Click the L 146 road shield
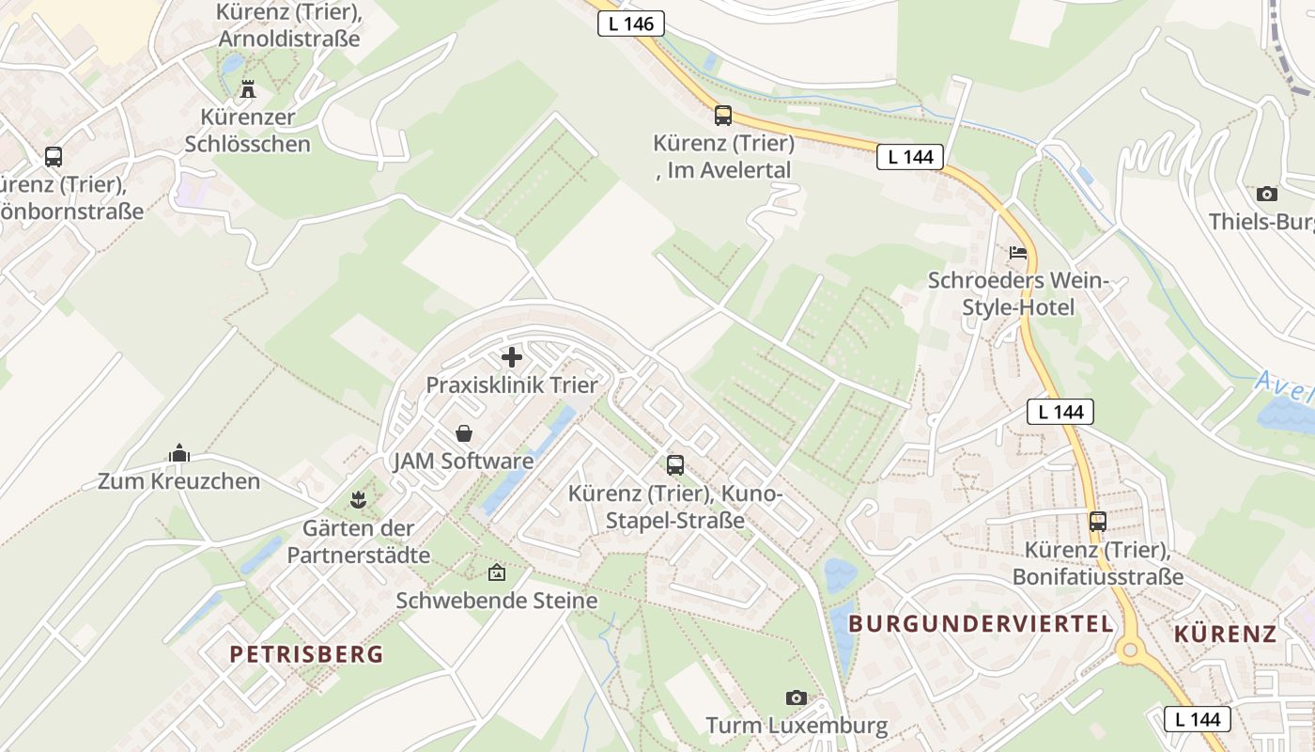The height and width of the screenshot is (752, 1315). click(x=631, y=24)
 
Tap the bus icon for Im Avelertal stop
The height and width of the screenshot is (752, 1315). click(x=722, y=116)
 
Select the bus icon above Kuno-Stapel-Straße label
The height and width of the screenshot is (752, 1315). click(x=674, y=464)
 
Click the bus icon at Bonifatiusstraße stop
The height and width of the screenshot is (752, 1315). click(x=1097, y=521)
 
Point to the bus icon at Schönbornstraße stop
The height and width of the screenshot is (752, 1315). click(x=54, y=157)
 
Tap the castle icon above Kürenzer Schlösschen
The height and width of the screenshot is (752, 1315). click(x=248, y=89)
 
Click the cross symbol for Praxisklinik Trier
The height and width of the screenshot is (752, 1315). click(x=512, y=357)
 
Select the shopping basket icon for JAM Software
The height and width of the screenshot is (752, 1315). click(x=463, y=433)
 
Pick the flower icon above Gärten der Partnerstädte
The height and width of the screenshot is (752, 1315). click(x=357, y=499)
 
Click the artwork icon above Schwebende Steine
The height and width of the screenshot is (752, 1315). click(x=496, y=572)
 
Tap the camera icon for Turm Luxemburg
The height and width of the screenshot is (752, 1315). click(x=797, y=697)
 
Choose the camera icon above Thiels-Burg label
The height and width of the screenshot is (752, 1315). click(x=1266, y=194)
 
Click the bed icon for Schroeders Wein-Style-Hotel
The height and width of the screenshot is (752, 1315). click(x=1018, y=252)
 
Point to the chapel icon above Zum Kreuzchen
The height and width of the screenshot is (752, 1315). click(x=178, y=454)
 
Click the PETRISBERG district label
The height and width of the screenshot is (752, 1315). click(x=307, y=654)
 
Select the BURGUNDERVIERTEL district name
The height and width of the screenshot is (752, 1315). click(x=981, y=623)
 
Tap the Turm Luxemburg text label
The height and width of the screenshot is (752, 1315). click(x=797, y=726)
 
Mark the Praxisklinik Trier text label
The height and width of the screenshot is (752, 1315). click(x=512, y=385)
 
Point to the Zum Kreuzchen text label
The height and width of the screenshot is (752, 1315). click(x=178, y=481)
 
